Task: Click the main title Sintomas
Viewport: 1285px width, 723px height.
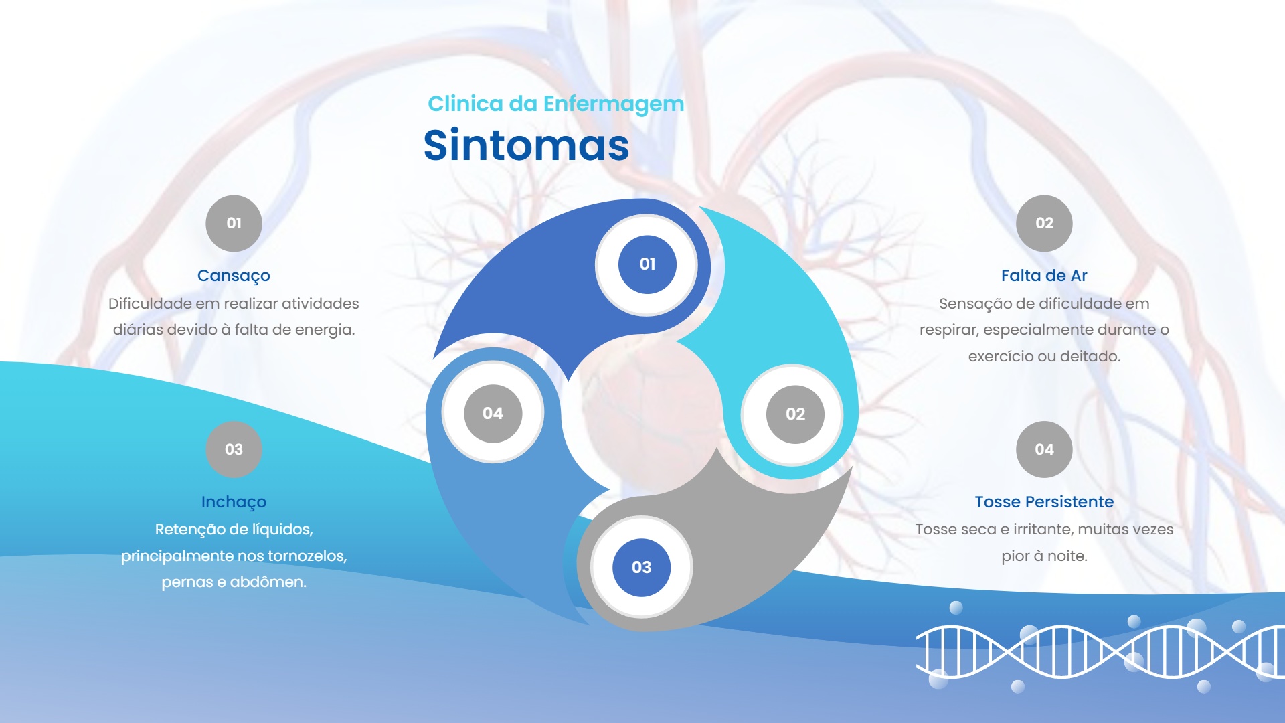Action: [526, 145]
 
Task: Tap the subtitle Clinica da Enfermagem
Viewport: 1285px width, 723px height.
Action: [555, 104]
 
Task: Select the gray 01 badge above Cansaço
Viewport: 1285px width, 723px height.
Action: [234, 223]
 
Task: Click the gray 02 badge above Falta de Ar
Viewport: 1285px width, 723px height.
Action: [1044, 223]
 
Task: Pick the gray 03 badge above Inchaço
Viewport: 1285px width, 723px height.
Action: [234, 449]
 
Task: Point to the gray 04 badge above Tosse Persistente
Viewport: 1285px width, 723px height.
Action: [1044, 449]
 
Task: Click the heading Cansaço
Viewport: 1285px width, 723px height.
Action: [234, 276]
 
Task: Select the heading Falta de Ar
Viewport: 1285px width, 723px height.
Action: [1044, 276]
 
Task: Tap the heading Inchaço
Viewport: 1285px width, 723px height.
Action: [234, 502]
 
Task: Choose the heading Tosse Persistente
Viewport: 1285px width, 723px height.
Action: [1044, 502]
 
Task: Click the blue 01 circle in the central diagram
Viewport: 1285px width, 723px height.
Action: [647, 264]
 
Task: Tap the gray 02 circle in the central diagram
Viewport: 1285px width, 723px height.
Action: [795, 414]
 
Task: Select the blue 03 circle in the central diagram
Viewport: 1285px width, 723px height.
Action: [641, 568]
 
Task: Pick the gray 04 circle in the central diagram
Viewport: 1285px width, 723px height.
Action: [493, 414]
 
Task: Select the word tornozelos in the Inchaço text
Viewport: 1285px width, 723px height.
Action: [307, 556]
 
